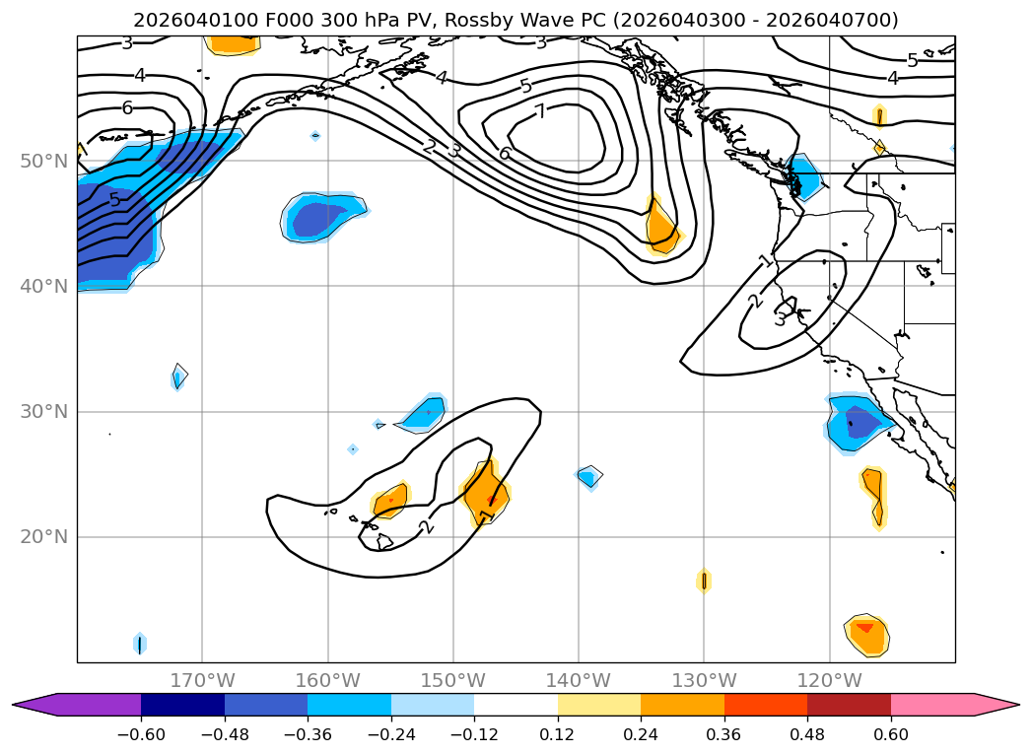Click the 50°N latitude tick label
(x=43, y=161)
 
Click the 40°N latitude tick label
(x=43, y=286)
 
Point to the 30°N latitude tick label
(x=43, y=412)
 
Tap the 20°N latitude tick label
(x=43, y=537)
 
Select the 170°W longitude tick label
(x=202, y=681)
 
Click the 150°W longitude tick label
(x=453, y=681)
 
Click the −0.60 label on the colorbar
(x=141, y=735)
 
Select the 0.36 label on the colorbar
(x=724, y=735)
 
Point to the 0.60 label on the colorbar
(x=891, y=735)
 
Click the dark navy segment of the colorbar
(x=182, y=705)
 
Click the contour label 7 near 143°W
(x=540, y=111)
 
